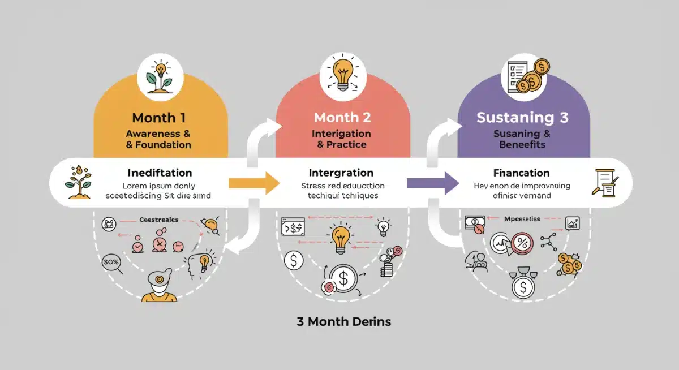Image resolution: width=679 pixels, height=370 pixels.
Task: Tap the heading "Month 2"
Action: [342, 118]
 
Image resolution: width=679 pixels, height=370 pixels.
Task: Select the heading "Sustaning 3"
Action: [522, 118]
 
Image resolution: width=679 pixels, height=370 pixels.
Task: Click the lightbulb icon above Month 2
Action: [342, 75]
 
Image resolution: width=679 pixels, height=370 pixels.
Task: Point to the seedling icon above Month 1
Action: [159, 78]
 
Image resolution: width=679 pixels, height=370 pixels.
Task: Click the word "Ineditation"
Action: [160, 173]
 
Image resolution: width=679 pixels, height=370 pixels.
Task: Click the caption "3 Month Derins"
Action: [344, 322]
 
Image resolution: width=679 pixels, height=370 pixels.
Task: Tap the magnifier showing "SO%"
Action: [111, 263]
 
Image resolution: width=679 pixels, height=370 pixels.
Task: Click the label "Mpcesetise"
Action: [523, 218]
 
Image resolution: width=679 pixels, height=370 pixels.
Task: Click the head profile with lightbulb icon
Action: [200, 263]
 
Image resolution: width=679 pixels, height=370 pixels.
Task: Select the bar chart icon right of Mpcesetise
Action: [573, 223]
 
